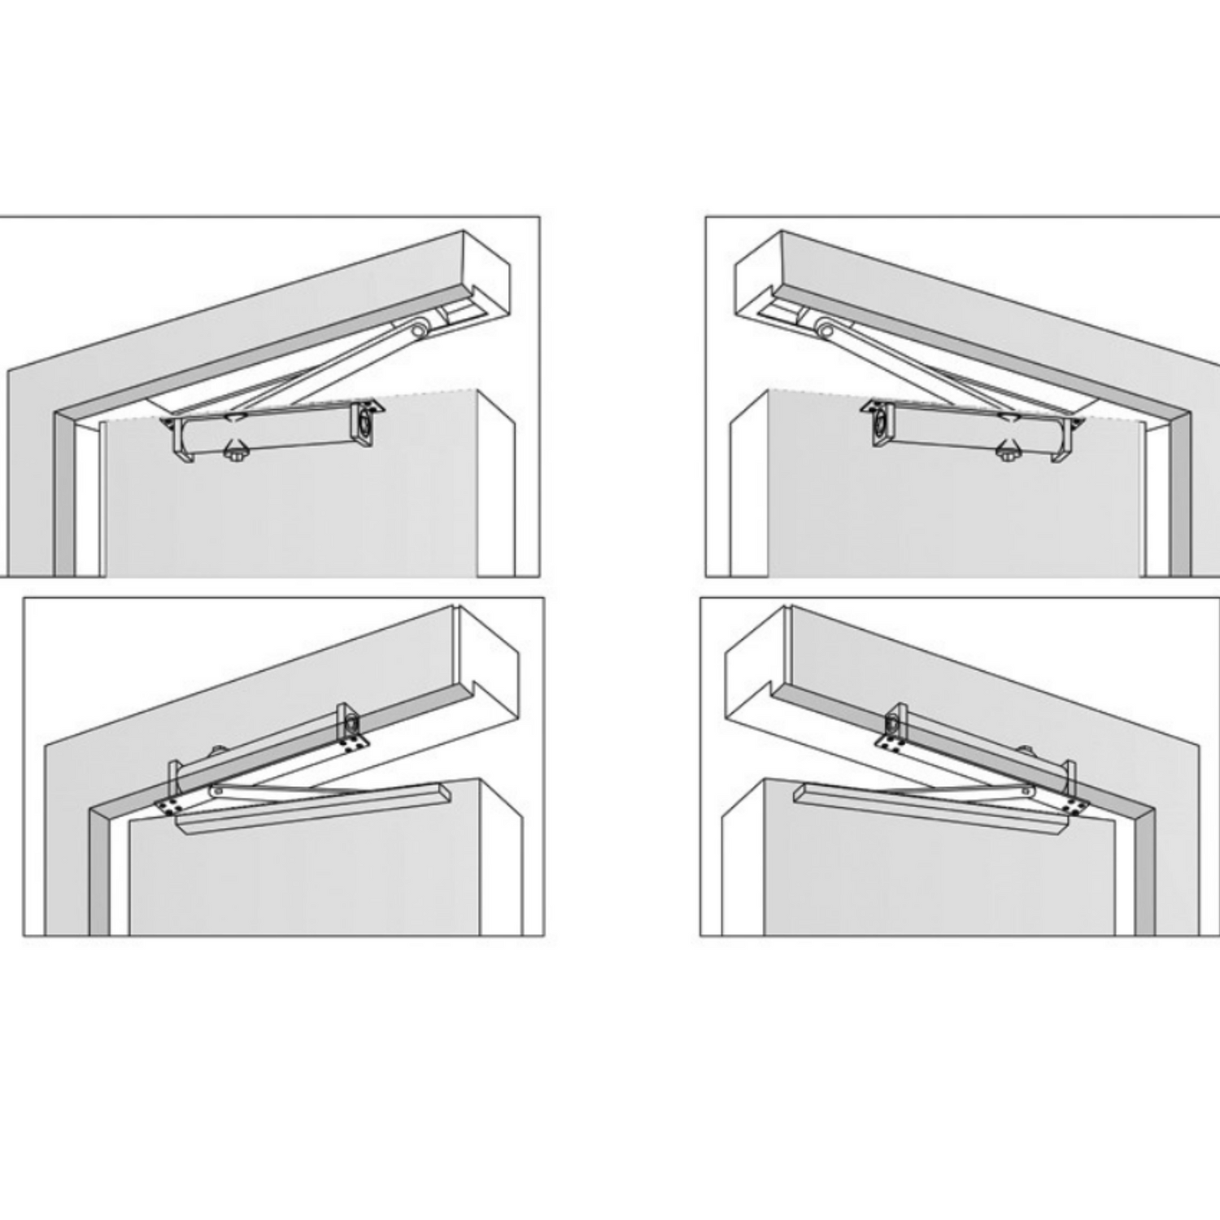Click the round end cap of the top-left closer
click(364, 422)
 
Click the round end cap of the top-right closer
click(881, 422)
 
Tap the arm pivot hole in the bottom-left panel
click(216, 790)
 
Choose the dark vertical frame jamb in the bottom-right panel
click(1144, 878)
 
